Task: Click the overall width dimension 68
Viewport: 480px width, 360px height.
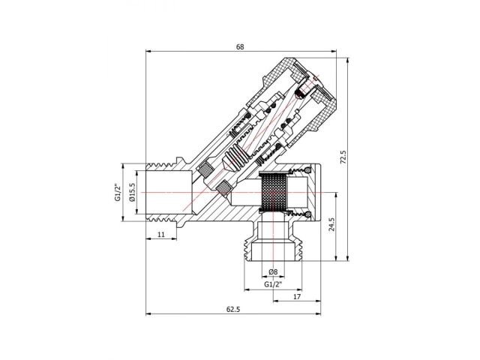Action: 240,46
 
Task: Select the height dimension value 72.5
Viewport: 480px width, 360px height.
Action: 343,157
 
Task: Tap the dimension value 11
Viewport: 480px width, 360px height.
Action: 161,235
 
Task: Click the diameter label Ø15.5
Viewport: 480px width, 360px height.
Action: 132,193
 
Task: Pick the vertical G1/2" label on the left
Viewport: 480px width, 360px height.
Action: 118,193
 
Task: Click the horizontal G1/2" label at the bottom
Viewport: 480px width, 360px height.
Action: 273,286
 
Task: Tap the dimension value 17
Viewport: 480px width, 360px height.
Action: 297,296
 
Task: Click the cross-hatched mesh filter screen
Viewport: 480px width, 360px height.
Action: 274,193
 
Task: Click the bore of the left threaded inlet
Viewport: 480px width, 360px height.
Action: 169,193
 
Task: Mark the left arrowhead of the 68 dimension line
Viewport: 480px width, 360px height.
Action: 148,53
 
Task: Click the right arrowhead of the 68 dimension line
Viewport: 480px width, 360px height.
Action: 336,53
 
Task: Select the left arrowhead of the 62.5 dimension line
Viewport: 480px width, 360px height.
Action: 148,314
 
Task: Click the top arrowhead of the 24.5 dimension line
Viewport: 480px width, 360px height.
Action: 328,193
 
